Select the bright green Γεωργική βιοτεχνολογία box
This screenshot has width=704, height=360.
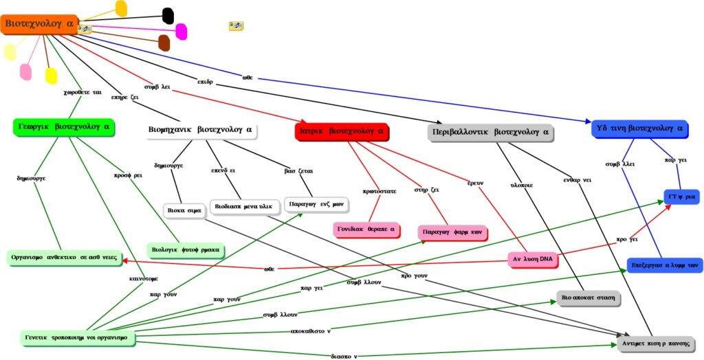point(63,127)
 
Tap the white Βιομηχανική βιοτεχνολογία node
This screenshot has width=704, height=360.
point(201,129)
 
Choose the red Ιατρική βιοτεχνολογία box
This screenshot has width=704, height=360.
point(342,131)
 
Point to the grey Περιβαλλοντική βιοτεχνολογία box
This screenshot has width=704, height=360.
point(489,131)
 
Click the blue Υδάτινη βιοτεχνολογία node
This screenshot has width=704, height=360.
point(639,128)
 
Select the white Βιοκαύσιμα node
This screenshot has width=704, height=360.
point(184,210)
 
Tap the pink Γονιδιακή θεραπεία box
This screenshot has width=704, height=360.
point(367,229)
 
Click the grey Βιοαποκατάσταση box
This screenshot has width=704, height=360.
point(588,298)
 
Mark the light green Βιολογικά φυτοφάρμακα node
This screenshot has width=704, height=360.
point(187,249)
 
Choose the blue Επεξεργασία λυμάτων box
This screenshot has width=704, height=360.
point(665,265)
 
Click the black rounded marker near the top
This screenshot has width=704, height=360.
point(168,15)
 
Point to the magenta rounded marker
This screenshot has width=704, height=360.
point(181,31)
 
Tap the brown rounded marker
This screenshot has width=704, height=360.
point(164,43)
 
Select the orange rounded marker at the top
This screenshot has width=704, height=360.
point(121,8)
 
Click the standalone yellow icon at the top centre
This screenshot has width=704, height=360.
point(236,26)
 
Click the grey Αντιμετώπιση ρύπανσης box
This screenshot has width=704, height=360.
point(656,343)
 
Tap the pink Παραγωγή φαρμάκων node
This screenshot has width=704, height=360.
point(453,233)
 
